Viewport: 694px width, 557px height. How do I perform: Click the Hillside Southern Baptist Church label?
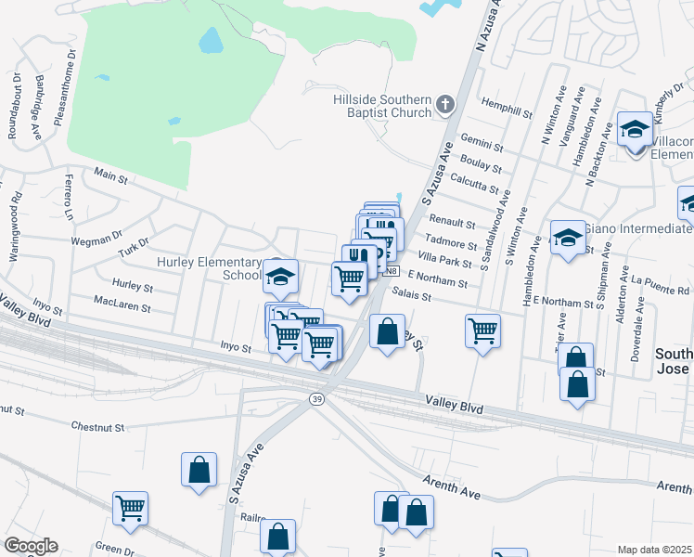click(382, 106)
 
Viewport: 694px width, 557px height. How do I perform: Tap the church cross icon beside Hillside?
click(445, 104)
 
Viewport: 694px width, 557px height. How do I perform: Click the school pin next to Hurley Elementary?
click(279, 276)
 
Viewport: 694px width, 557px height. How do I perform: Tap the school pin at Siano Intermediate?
click(567, 239)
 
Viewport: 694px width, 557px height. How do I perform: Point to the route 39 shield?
click(315, 397)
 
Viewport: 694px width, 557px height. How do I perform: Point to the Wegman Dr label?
click(96, 240)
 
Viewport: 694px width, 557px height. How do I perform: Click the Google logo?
click(31, 546)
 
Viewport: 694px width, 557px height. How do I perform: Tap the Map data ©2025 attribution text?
click(654, 550)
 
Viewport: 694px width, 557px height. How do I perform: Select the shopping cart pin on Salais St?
click(482, 330)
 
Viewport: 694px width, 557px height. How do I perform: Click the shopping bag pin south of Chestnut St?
click(199, 470)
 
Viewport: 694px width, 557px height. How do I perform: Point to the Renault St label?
click(452, 224)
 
